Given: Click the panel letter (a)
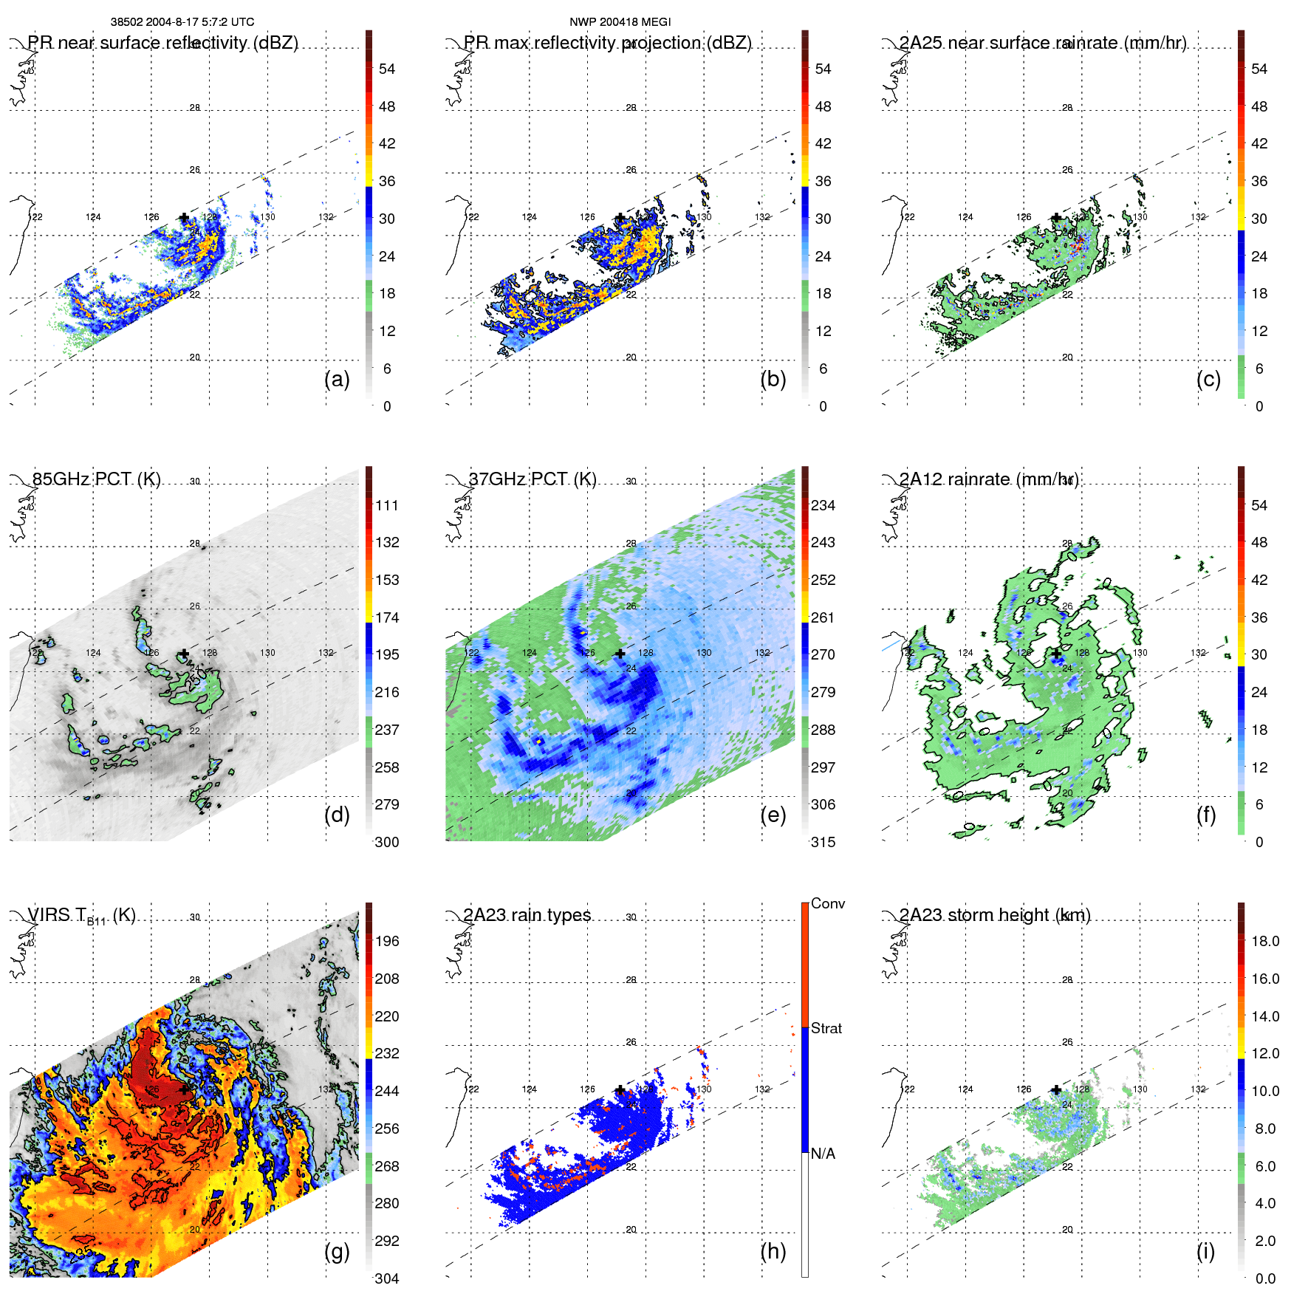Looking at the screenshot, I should click(337, 380).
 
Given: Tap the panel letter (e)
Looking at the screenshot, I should click(773, 815).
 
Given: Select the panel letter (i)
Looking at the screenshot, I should click(1205, 1251).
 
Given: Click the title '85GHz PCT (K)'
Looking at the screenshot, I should click(96, 479).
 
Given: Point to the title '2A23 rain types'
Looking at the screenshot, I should click(527, 915).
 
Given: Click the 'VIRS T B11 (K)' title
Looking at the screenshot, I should click(81, 916).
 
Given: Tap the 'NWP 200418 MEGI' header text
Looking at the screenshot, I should click(620, 22).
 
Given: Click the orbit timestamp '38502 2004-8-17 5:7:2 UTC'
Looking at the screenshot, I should click(182, 22).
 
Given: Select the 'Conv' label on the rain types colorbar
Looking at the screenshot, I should click(827, 903).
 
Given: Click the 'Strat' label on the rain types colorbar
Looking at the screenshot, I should click(826, 1028).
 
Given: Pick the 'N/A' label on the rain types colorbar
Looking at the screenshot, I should click(823, 1154).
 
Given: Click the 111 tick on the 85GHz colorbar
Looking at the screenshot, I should click(386, 505).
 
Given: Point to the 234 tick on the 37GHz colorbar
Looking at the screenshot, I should click(823, 505).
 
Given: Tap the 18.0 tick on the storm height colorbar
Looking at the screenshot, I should click(1264, 941).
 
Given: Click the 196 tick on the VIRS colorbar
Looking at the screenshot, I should click(386, 941).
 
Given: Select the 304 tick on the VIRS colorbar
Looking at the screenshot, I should click(386, 1278).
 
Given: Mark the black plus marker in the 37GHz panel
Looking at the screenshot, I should click(620, 654).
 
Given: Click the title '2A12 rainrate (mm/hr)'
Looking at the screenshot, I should click(988, 479).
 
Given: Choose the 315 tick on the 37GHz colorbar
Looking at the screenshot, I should click(823, 842).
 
